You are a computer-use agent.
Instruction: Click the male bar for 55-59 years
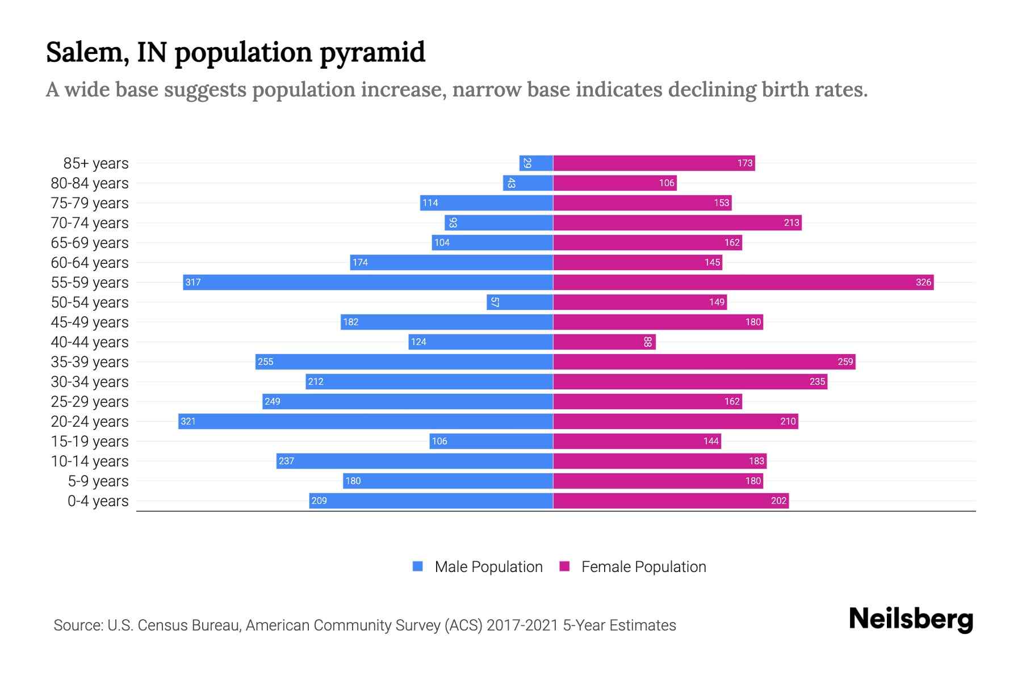click(x=368, y=282)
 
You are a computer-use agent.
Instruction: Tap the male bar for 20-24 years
click(x=366, y=421)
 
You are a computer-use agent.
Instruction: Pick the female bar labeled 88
click(x=604, y=342)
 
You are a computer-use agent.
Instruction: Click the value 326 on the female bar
click(x=923, y=282)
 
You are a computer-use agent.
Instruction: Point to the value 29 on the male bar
click(x=527, y=163)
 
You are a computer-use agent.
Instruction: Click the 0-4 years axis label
click(x=98, y=501)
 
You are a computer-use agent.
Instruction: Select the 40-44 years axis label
click(x=90, y=342)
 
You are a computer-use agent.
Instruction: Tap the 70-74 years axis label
click(x=90, y=223)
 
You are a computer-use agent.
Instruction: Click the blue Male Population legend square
click(x=418, y=566)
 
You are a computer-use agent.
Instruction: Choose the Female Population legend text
click(x=643, y=567)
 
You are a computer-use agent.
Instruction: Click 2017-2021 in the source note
click(x=522, y=625)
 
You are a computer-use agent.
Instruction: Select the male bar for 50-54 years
click(x=520, y=302)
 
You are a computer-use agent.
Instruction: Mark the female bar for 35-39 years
click(x=704, y=361)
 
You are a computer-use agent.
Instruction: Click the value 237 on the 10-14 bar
click(x=286, y=461)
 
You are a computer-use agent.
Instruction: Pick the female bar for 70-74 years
click(x=677, y=222)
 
